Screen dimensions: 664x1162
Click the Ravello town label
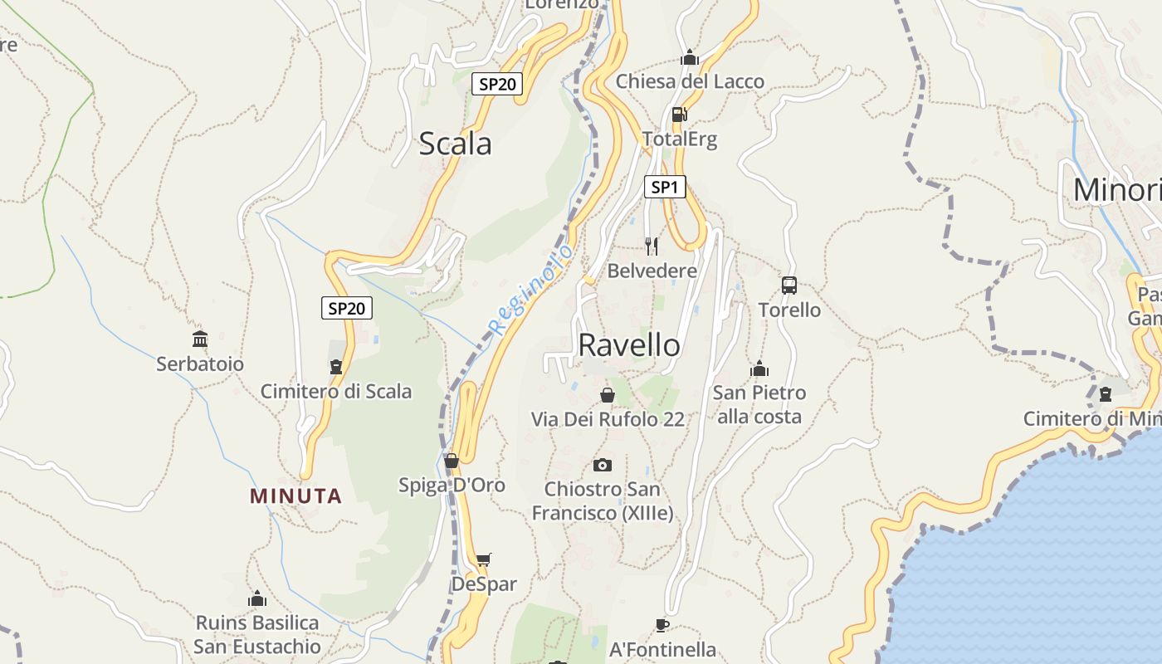628,345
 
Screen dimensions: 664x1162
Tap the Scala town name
455,144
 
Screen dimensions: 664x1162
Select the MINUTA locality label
295,496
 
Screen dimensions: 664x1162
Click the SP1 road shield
665,187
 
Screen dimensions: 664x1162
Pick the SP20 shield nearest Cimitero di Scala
347,309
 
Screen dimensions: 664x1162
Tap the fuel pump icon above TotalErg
679,115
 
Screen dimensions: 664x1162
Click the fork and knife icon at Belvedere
652,246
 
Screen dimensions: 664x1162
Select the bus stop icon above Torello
789,286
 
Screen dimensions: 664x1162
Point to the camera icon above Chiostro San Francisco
603,465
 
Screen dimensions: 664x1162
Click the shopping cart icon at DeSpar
483,560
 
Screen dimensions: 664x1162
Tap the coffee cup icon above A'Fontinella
662,625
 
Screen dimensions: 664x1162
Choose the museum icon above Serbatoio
200,339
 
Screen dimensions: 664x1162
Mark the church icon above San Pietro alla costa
759,369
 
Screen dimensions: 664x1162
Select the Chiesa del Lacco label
690,81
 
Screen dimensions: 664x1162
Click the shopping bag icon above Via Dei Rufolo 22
608,395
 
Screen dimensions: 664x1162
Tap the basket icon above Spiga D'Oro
452,461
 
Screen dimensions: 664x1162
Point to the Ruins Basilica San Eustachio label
257,634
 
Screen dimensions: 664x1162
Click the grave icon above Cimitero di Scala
336,367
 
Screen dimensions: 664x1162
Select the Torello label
789,310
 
